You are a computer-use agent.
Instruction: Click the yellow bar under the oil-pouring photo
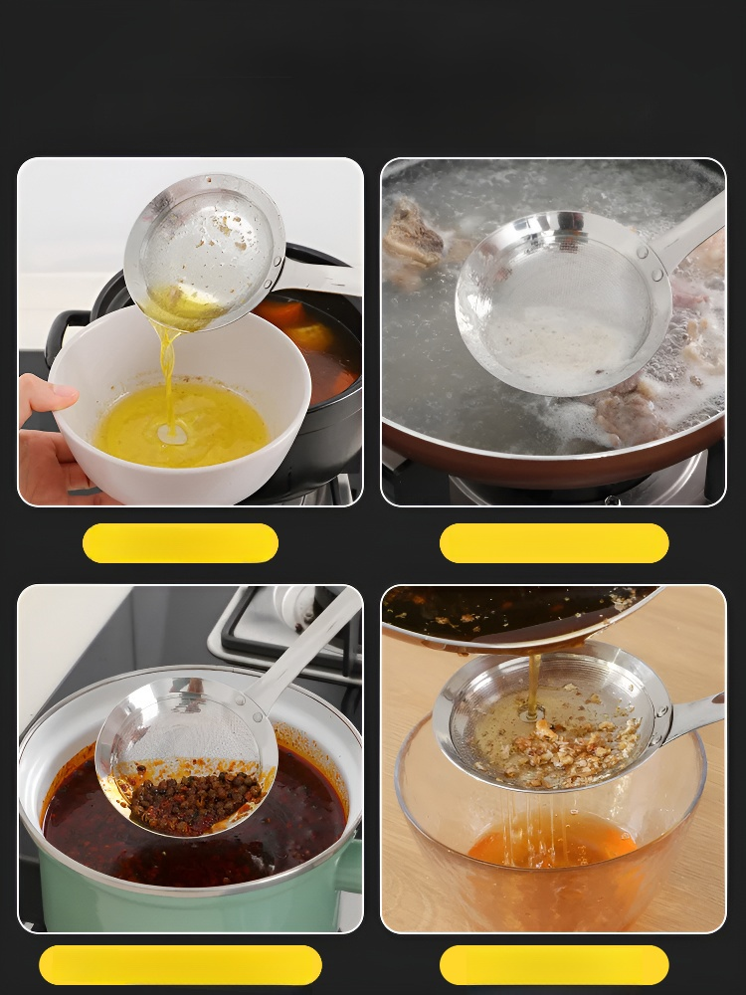180,543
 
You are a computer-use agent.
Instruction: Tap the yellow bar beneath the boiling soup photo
554,543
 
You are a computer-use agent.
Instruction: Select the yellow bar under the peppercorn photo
180,965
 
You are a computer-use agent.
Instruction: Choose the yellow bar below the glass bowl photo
554,965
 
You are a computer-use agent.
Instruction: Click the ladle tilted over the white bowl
204,244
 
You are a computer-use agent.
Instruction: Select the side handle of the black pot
62,333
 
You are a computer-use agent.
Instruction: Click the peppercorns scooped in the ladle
194,801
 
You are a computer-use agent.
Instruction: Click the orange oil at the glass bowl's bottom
552,846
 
